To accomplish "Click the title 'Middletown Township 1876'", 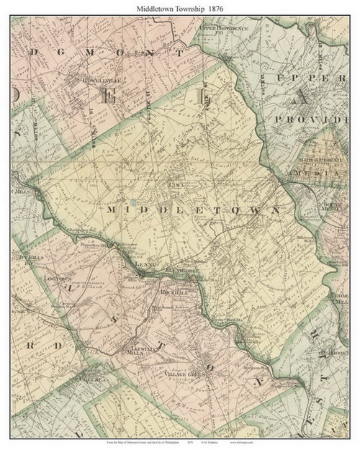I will coord(179,6).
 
